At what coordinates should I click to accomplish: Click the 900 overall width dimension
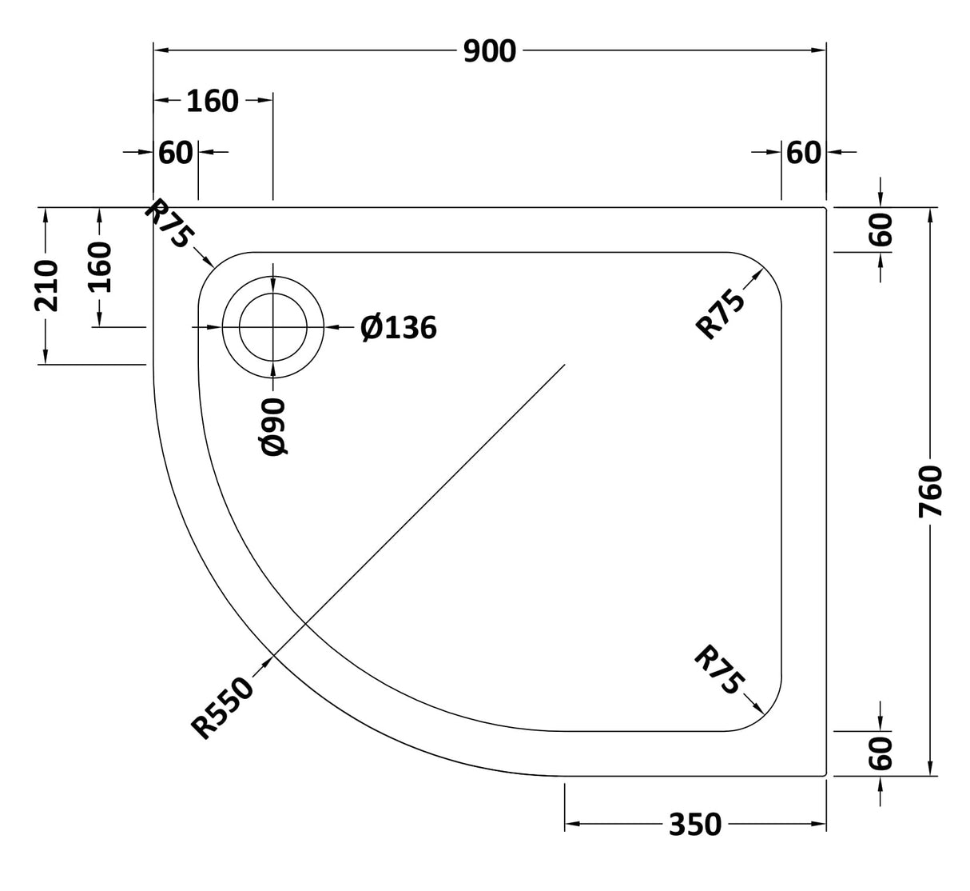[x=490, y=51]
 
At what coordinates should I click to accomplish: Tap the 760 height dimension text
[x=932, y=492]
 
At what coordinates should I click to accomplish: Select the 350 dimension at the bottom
[x=695, y=824]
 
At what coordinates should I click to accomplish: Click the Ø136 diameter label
[x=399, y=327]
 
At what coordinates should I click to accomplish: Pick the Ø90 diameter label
[x=273, y=426]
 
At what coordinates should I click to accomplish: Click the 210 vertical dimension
[x=46, y=285]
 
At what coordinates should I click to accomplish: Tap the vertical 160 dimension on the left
[x=99, y=267]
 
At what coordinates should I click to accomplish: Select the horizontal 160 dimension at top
[x=213, y=101]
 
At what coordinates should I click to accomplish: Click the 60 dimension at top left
[x=176, y=152]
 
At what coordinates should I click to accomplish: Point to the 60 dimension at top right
[x=803, y=152]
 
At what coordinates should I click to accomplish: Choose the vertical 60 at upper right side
[x=881, y=230]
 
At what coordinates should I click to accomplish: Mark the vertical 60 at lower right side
[x=881, y=753]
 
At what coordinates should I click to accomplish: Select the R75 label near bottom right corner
[x=719, y=670]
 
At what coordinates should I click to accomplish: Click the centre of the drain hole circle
[x=273, y=327]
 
